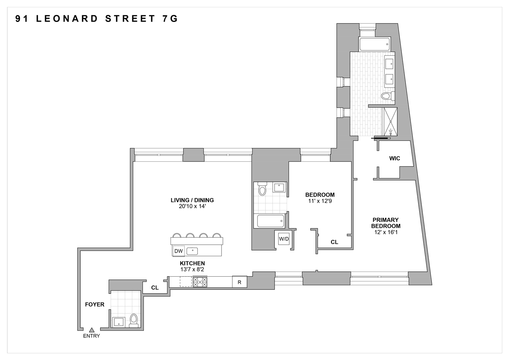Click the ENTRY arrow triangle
pyautogui.click(x=92, y=329)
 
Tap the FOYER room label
pyautogui.click(x=95, y=304)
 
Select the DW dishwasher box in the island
pyautogui.click(x=178, y=251)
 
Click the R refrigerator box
pyautogui.click(x=239, y=282)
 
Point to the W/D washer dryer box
pyautogui.click(x=284, y=239)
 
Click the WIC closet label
pyautogui.click(x=395, y=158)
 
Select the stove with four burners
pyautogui.click(x=200, y=282)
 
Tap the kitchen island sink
pyautogui.click(x=192, y=251)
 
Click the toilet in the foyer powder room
pyautogui.click(x=134, y=320)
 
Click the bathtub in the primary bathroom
pyautogui.click(x=374, y=44)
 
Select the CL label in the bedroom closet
pyautogui.click(x=334, y=242)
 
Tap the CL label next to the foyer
pyautogui.click(x=155, y=288)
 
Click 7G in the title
pyautogui.click(x=169, y=19)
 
